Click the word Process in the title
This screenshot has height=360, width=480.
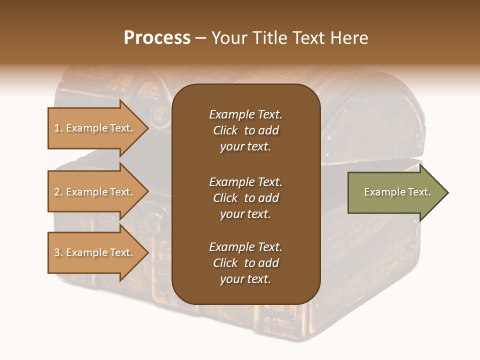tap(157, 38)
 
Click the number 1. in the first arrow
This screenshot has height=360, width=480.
tap(58, 128)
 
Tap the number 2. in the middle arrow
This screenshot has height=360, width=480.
tap(58, 192)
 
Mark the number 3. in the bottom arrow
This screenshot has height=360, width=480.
tap(58, 252)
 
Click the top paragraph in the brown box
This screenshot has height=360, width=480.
tap(245, 130)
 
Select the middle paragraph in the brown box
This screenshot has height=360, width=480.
tap(245, 198)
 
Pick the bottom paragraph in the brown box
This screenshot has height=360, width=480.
tap(245, 263)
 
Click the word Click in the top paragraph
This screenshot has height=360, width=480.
tap(225, 130)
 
